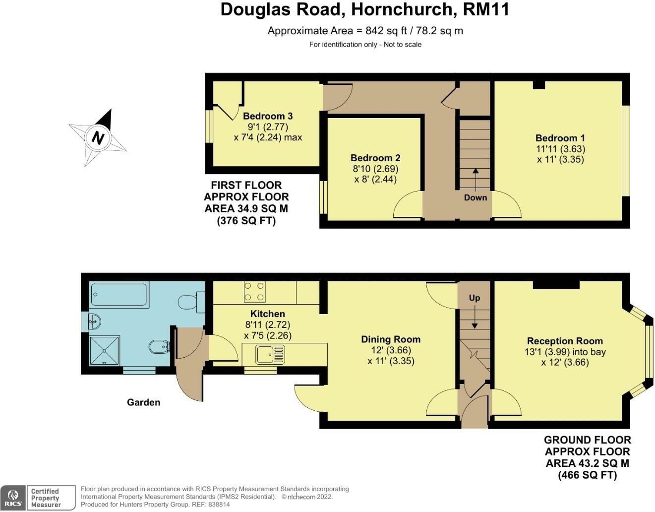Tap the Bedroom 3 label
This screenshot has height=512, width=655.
(x=268, y=116)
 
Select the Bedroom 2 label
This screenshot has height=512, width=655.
(x=375, y=158)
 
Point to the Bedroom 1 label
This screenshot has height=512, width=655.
(x=560, y=138)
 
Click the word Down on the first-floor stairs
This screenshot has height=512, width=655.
(x=476, y=197)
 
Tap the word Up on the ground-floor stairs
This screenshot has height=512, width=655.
(x=475, y=298)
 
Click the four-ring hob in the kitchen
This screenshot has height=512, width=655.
(x=255, y=292)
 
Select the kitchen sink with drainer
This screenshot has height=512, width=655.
(x=270, y=355)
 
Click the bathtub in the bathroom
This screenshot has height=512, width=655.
(x=119, y=295)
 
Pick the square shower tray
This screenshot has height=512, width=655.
(x=105, y=351)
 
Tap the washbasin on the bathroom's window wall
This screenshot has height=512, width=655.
(x=94, y=321)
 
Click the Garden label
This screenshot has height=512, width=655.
(x=143, y=402)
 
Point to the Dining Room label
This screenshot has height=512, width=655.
(x=391, y=339)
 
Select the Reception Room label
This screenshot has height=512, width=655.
(x=565, y=341)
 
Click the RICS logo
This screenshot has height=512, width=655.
(x=13, y=497)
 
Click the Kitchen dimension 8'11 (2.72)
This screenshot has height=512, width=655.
(x=268, y=325)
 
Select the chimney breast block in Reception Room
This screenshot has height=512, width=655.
(x=556, y=285)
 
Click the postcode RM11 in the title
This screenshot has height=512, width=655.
(x=485, y=9)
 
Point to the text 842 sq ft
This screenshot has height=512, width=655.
(x=386, y=31)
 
